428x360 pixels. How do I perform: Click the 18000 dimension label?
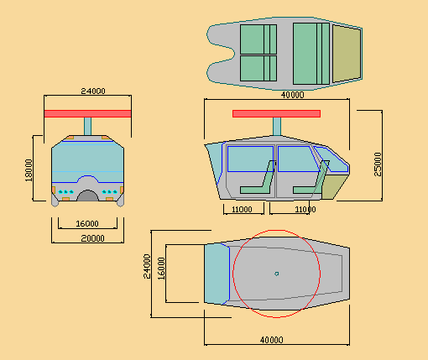point(29,170)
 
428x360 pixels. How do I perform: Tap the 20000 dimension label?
point(92,238)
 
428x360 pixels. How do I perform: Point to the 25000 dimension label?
point(378,164)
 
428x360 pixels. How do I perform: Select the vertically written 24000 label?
point(147,266)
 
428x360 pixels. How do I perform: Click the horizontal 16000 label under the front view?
point(87,224)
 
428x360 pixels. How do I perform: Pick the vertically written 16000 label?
point(161,269)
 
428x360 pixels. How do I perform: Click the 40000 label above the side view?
point(292,95)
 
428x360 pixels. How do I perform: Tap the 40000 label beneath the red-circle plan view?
point(272,340)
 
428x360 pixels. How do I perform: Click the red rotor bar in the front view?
point(87,113)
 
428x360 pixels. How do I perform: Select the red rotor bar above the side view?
point(276,113)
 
